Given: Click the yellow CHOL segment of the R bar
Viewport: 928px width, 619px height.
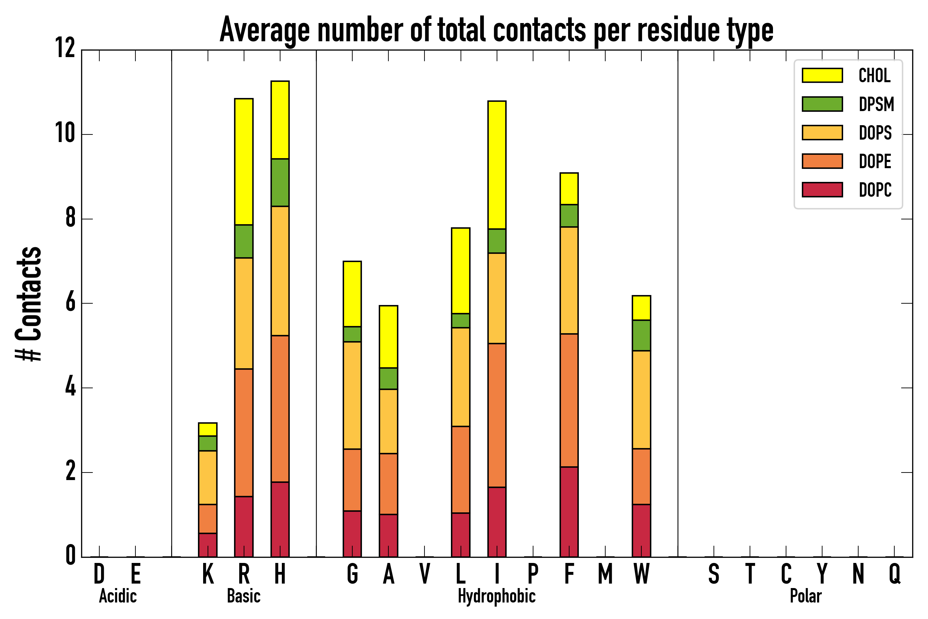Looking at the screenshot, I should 243,162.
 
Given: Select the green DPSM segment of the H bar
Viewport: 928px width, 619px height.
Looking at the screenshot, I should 280,182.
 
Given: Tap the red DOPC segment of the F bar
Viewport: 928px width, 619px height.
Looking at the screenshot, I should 568,512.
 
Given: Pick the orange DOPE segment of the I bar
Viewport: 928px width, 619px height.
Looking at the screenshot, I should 496,415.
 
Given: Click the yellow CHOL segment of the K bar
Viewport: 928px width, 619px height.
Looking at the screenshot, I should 208,430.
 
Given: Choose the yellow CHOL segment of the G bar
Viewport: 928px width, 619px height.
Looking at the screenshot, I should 352,294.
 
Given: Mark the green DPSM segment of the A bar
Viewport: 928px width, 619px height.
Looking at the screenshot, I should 388,379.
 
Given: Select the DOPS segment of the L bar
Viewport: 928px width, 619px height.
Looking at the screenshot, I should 461,377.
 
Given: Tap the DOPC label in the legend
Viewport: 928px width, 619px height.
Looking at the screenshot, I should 875,190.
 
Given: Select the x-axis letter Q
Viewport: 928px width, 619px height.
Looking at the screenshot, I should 894,574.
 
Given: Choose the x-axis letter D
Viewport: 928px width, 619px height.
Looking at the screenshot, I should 99,574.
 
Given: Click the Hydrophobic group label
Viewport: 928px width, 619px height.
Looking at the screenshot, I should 496,596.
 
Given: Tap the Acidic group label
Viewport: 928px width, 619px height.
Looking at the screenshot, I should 118,596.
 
